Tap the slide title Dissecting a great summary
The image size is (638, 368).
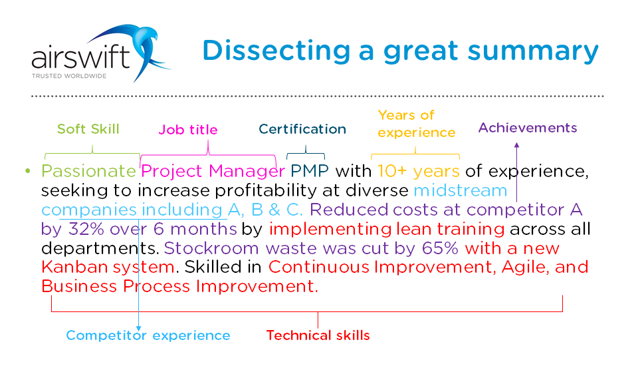[x=400, y=51]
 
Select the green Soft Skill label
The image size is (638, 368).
[x=88, y=129]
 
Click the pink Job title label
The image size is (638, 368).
[x=188, y=130]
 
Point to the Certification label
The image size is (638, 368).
[x=302, y=129]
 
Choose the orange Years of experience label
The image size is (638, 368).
[x=417, y=124]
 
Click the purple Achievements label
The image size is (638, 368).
[x=528, y=128]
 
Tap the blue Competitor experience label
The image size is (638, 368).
[x=148, y=335]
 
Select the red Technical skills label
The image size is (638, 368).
[x=318, y=335]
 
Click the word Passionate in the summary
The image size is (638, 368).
[x=89, y=172]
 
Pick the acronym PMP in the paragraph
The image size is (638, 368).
[x=310, y=172]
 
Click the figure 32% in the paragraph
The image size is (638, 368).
[x=84, y=230]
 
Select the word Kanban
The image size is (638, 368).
[x=71, y=268]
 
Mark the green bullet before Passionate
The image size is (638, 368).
[x=28, y=172]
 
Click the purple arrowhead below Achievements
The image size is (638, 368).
[x=516, y=144]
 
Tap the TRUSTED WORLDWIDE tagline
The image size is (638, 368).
[x=68, y=76]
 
